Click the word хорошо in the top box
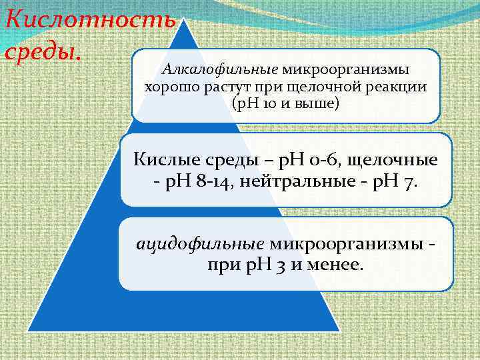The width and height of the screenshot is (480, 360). click(169, 87)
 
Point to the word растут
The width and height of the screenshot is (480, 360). click(222, 87)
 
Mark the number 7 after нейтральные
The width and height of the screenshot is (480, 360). click(408, 182)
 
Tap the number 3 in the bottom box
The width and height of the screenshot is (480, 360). click(282, 265)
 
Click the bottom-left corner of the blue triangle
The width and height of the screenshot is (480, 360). click(29, 331)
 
